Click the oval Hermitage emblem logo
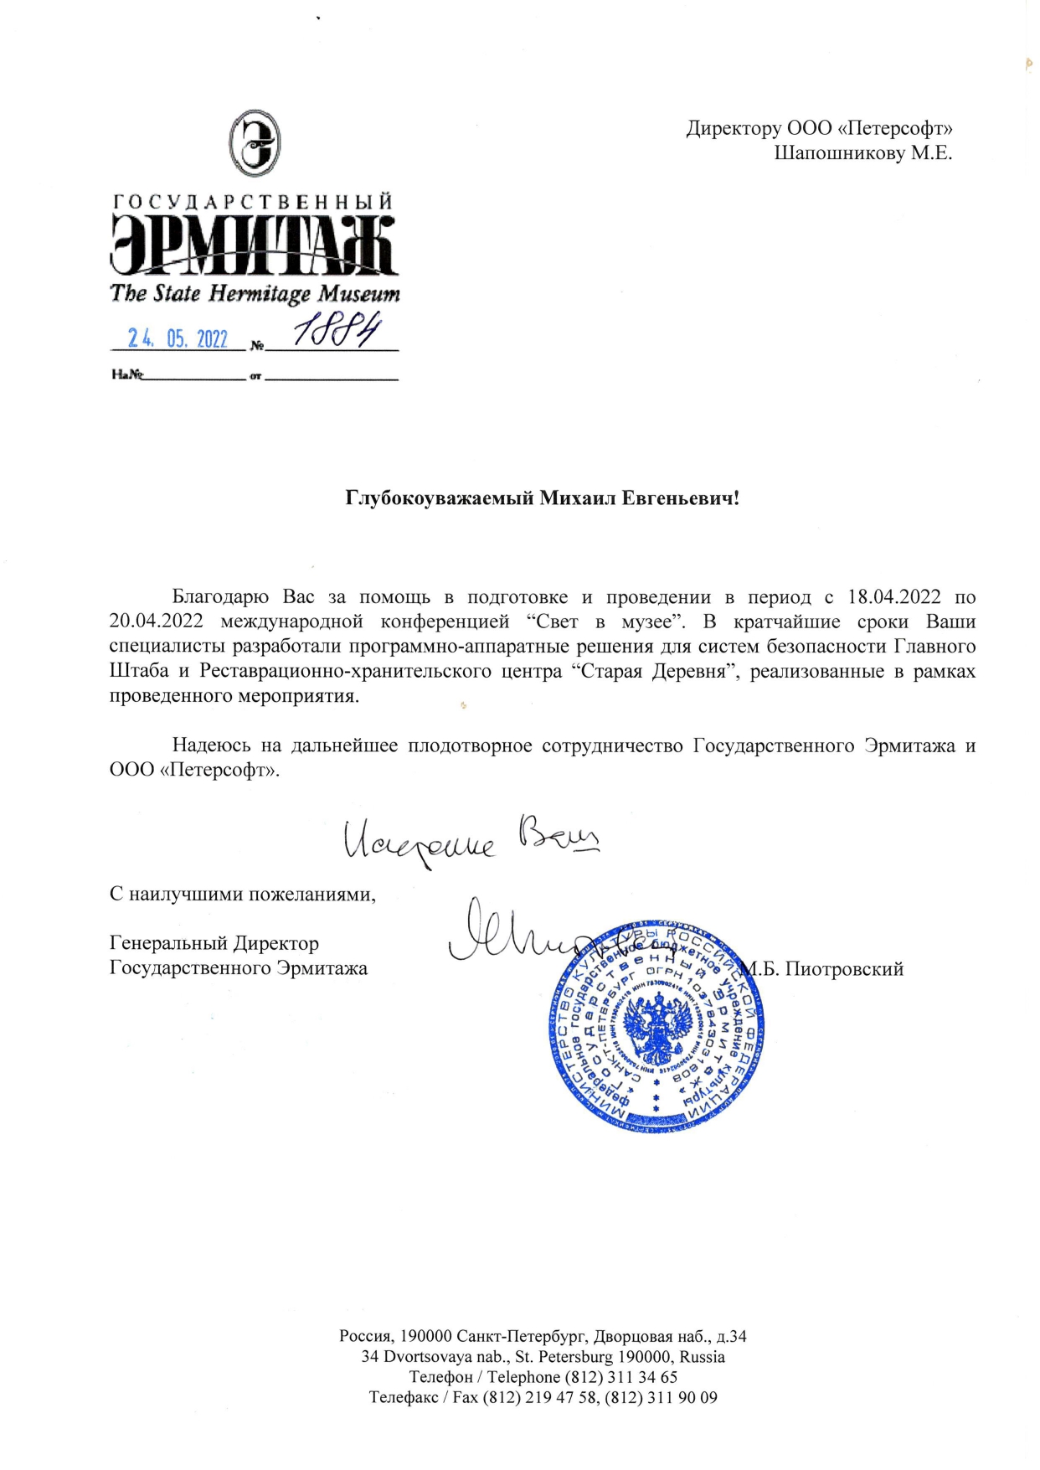point(255,143)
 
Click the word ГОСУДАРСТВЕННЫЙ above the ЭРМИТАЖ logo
point(253,202)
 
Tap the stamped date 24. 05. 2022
point(178,338)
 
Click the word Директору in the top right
point(733,128)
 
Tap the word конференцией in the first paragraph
point(445,622)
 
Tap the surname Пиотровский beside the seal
point(844,969)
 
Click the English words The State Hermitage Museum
point(255,293)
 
